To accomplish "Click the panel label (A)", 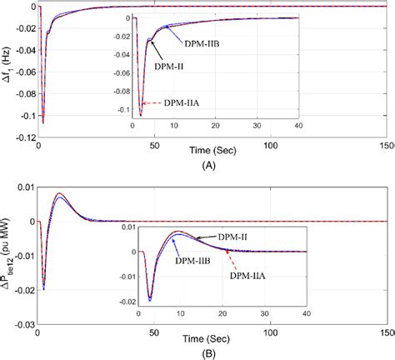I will point(197,165).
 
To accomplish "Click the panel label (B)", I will point(197,353).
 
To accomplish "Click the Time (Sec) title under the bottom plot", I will point(197,337).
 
